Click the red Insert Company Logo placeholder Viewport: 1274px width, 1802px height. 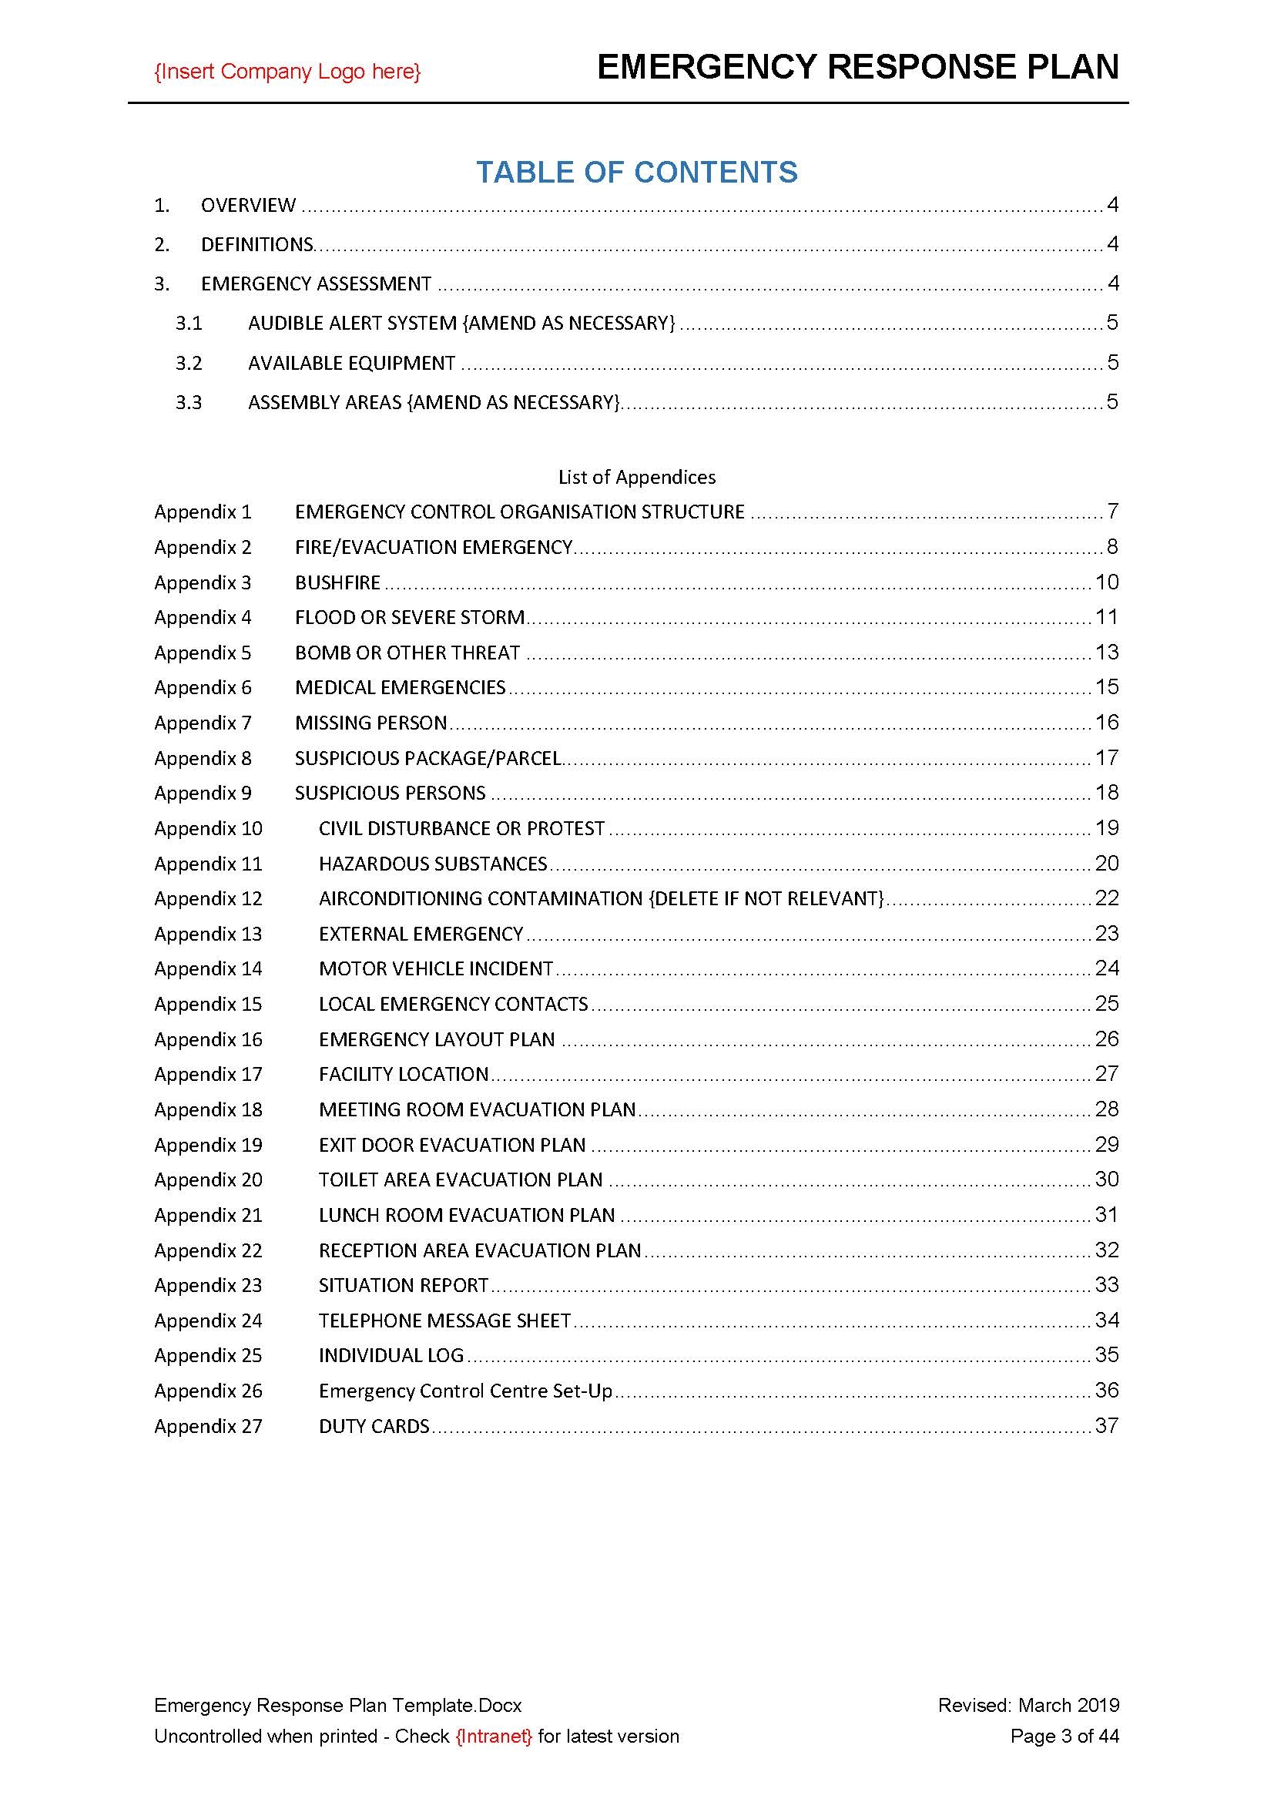[x=287, y=72]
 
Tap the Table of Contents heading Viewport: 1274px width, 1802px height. [x=636, y=172]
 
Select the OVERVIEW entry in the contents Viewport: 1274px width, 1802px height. [x=248, y=206]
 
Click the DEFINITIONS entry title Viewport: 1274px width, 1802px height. [x=256, y=245]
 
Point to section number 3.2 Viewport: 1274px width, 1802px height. [x=188, y=364]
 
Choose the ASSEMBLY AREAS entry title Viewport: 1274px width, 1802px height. [x=433, y=403]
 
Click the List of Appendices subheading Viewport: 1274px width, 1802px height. [x=636, y=477]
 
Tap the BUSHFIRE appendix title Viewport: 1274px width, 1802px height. [x=337, y=582]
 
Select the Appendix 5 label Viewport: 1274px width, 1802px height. [x=203, y=653]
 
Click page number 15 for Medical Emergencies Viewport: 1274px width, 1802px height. [x=1106, y=687]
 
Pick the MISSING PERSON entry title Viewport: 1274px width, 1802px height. [x=370, y=723]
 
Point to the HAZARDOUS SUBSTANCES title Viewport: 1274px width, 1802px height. [x=432, y=864]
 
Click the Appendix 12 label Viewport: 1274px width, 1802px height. [x=208, y=898]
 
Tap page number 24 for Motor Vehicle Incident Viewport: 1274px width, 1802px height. [x=1106, y=968]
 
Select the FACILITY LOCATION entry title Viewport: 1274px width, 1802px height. [x=403, y=1075]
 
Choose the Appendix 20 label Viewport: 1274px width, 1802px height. [x=208, y=1180]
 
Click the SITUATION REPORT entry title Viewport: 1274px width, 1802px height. [x=403, y=1286]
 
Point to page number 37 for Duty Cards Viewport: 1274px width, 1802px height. [x=1106, y=1426]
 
